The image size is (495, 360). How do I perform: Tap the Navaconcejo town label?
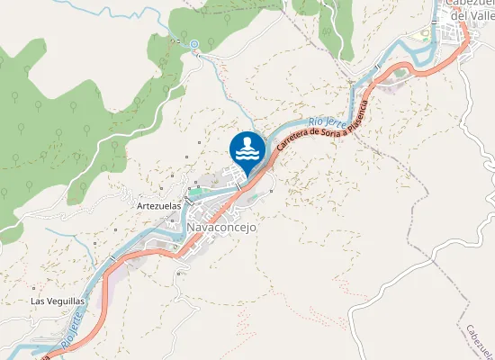[x=222, y=228]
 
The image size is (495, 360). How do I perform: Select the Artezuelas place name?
[x=158, y=205]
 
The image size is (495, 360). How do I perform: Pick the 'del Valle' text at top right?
[x=471, y=16]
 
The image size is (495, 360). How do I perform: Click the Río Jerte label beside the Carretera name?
[x=327, y=118]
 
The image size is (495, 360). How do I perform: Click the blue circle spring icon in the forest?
[x=193, y=42]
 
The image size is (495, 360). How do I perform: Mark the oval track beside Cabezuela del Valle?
[x=426, y=36]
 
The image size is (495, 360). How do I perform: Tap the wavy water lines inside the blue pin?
[x=247, y=154]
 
